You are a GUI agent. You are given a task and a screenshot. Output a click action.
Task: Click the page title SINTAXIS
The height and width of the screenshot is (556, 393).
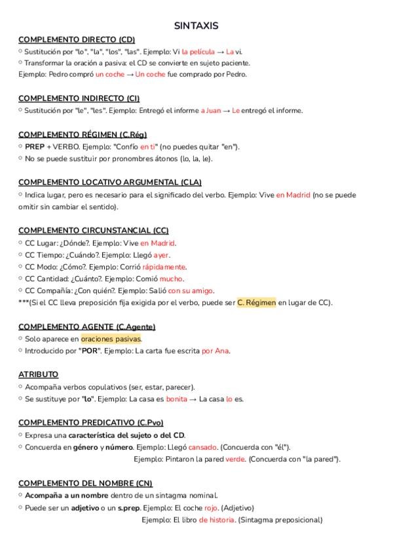click(196, 26)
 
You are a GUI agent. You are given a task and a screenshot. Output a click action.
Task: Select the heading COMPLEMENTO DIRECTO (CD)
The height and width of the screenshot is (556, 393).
click(77, 40)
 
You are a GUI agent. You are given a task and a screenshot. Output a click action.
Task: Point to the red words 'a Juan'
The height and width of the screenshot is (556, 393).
click(211, 110)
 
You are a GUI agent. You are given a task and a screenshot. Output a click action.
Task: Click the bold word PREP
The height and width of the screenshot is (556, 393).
click(35, 146)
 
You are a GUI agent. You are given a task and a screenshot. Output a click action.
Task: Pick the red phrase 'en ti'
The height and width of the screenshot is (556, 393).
click(148, 146)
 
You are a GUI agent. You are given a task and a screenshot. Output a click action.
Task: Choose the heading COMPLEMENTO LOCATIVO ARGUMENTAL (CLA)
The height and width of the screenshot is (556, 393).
click(110, 182)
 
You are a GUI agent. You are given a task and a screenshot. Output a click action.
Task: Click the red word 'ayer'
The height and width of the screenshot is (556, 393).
click(160, 254)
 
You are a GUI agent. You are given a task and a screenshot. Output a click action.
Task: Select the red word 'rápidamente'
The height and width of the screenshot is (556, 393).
click(164, 267)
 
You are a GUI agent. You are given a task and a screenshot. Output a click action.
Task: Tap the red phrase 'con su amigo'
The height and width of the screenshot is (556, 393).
click(191, 290)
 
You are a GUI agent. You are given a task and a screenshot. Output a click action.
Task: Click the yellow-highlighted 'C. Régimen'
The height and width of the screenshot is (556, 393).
click(256, 302)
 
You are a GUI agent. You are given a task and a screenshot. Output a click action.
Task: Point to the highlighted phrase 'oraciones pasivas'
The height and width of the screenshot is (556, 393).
click(111, 339)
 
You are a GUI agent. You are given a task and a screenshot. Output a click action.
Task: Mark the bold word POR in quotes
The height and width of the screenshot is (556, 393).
click(90, 351)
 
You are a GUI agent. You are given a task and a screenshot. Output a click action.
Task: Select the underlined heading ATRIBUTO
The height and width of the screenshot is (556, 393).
click(38, 374)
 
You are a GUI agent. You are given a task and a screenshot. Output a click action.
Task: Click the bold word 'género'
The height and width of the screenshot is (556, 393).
click(84, 447)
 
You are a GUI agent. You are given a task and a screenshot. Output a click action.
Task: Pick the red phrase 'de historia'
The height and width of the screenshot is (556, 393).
click(217, 520)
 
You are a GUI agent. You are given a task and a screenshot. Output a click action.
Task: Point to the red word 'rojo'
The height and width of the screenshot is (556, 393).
click(210, 507)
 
